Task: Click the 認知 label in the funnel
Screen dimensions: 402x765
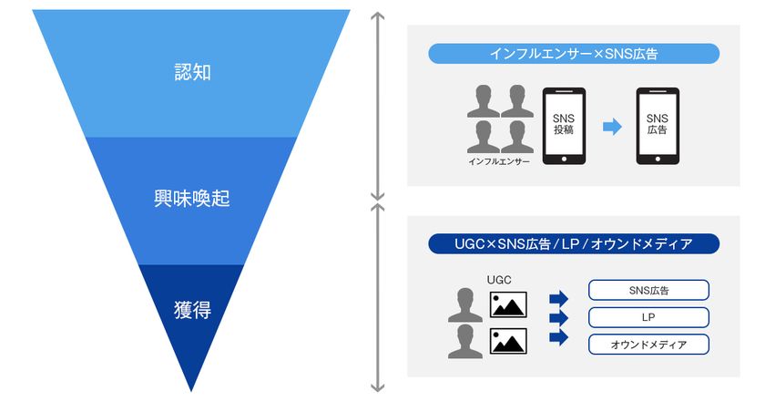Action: pos(191,72)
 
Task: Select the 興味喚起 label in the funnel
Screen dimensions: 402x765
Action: pos(191,199)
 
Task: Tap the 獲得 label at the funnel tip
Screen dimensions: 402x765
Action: pos(191,310)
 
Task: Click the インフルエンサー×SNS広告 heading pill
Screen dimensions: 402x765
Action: pos(574,54)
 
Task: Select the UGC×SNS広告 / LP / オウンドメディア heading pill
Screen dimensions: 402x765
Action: pos(574,244)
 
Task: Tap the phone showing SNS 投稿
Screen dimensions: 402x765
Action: pos(564,126)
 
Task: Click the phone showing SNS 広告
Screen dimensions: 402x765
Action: pos(657,126)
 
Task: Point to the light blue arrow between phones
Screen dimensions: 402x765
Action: pos(612,127)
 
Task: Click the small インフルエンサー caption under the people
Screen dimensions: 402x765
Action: pos(499,161)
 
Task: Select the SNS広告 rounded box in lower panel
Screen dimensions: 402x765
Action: pos(648,291)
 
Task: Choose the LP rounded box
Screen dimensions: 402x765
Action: pos(648,317)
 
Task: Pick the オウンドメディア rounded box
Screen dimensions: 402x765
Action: pos(648,345)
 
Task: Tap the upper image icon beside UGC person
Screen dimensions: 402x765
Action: pos(508,304)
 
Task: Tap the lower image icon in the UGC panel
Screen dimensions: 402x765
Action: pos(508,341)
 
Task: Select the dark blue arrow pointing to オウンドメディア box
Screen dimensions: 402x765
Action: pos(558,337)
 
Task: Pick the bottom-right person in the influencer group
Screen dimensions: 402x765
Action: pos(516,137)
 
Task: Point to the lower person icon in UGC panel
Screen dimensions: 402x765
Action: pos(464,340)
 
